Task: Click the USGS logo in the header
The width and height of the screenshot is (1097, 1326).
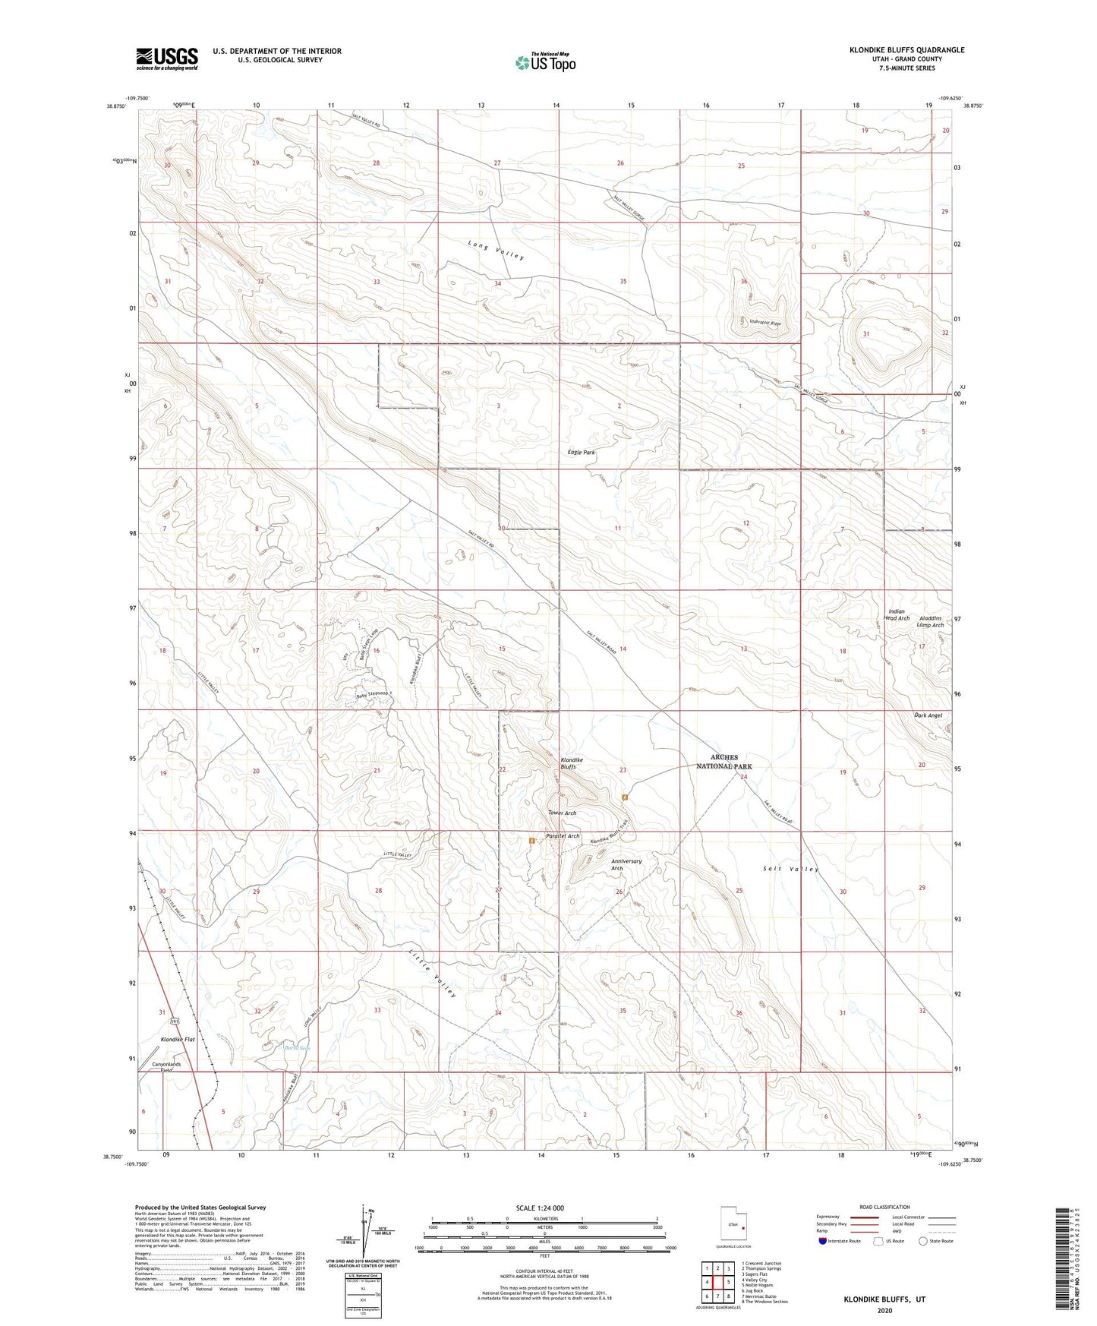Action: pyautogui.click(x=167, y=58)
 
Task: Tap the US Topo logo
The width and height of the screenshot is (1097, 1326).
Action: pyautogui.click(x=544, y=62)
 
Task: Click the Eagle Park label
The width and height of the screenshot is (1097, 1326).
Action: pyautogui.click(x=582, y=453)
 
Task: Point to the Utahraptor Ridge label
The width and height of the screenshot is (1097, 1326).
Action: pyautogui.click(x=760, y=324)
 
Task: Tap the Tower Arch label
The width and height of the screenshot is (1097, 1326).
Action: pyautogui.click(x=562, y=813)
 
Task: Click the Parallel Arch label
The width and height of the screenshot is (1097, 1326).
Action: pyautogui.click(x=563, y=836)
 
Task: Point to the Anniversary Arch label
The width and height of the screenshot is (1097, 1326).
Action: pyautogui.click(x=626, y=865)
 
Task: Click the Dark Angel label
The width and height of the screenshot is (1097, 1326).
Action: pyautogui.click(x=928, y=715)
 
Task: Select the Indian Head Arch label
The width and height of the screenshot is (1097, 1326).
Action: pyautogui.click(x=896, y=614)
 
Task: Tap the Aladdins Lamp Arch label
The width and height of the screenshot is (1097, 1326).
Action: pyautogui.click(x=930, y=621)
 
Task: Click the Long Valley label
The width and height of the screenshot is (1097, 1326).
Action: pyautogui.click(x=496, y=250)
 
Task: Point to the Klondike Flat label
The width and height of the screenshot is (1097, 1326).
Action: pyautogui.click(x=178, y=1039)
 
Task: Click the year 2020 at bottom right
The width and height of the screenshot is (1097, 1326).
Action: pyautogui.click(x=884, y=1310)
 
